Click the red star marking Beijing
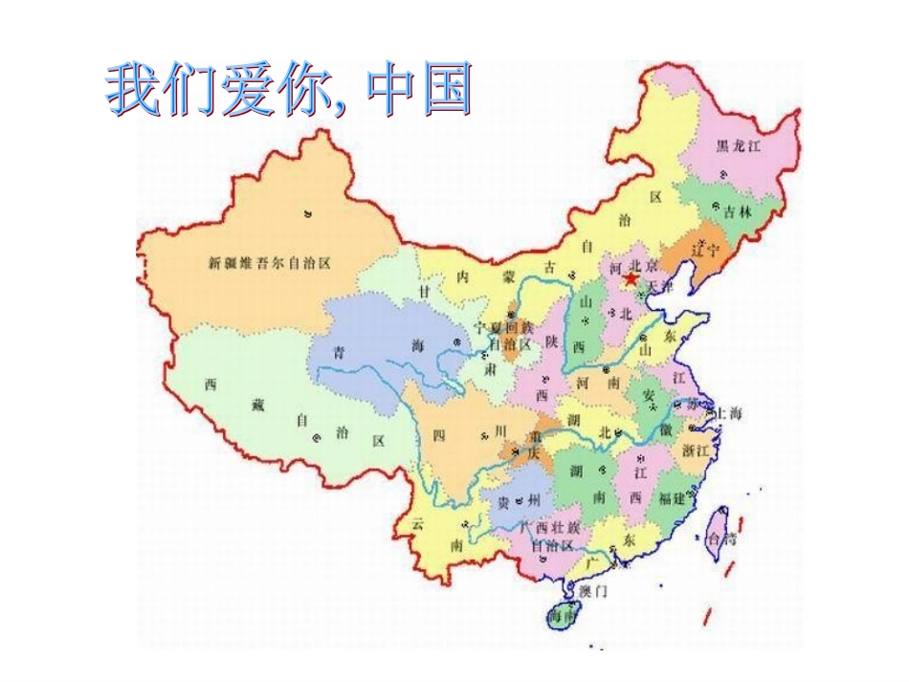630,279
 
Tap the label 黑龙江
739,146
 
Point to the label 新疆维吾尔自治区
269,262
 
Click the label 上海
727,413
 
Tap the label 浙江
697,449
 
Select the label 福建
672,498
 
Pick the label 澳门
592,590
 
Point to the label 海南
563,617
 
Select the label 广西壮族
549,527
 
